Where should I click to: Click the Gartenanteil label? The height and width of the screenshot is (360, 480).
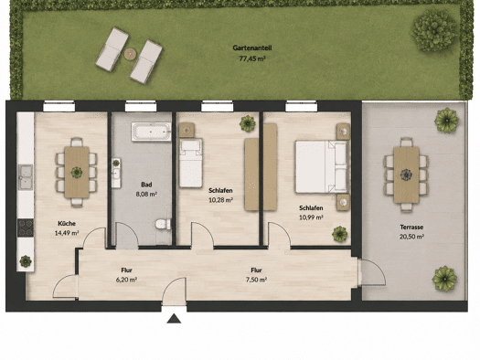252,48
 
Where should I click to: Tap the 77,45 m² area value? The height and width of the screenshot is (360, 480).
252,58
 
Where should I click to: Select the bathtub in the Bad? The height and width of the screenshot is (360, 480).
151,132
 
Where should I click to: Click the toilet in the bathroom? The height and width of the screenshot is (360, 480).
163,224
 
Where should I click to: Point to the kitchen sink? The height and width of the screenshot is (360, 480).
26,176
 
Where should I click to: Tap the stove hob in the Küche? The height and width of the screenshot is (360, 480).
26,228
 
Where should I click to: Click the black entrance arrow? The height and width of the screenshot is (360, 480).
174,319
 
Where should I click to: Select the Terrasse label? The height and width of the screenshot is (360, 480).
411,228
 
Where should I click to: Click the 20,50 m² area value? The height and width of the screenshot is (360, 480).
411,237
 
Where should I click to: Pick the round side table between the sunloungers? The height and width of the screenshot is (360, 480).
130,54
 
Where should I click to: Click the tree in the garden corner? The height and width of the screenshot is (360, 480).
434,30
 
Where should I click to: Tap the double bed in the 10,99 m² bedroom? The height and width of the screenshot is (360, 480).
322,166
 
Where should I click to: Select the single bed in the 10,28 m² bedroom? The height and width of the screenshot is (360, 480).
191,163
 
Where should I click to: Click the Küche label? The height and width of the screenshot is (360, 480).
67,224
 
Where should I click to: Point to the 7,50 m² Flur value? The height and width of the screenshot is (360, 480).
257,280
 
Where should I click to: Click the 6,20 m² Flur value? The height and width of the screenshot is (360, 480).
126,280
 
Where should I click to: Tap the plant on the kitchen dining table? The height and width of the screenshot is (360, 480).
77,172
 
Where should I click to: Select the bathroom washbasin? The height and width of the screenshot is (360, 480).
116,173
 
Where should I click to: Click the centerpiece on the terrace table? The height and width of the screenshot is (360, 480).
406,175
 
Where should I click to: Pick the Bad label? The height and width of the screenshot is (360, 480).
146,185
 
